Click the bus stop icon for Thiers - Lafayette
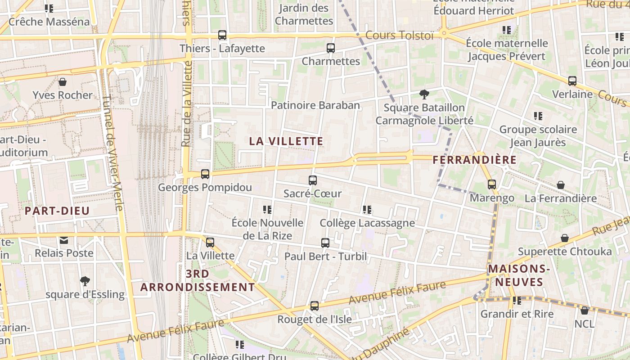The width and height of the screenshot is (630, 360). point(222,35)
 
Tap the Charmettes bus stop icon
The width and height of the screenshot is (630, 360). point(331,48)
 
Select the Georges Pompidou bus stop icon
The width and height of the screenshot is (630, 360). point(205,174)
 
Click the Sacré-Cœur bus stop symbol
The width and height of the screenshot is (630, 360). point(313,180)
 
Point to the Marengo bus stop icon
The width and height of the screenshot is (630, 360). point(492,184)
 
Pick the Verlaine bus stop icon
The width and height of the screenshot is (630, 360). point(572,81)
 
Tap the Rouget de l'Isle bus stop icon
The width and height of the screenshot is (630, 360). point(315,306)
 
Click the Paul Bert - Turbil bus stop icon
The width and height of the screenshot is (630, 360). point(325,243)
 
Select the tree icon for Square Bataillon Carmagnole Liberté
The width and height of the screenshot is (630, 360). point(424,94)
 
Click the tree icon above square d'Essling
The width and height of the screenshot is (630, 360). point(85,281)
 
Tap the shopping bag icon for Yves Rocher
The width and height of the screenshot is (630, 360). point(63,82)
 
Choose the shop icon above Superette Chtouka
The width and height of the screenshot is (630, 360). point(565,238)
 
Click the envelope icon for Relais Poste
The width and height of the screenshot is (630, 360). point(64,240)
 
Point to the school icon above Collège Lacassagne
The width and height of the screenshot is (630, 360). point(367,210)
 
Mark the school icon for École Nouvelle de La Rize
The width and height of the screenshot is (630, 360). point(267,210)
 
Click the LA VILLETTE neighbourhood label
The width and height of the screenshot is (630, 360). point(286,141)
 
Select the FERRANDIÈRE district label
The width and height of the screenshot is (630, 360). point(474,160)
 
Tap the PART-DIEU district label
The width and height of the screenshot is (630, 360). point(57,211)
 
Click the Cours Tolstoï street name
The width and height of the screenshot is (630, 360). point(399,35)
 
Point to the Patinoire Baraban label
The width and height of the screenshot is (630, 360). point(315,105)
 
